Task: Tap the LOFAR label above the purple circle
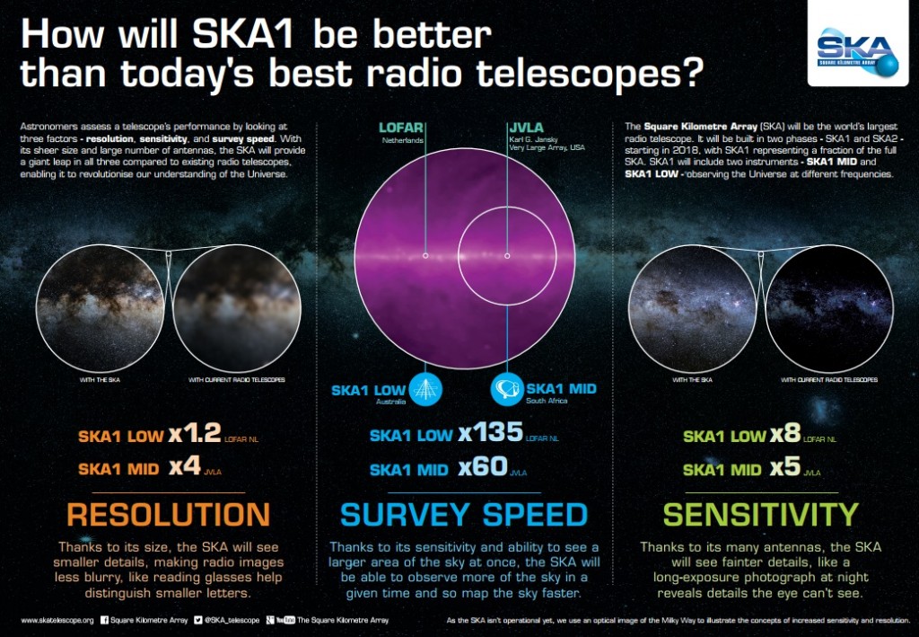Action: coord(400,127)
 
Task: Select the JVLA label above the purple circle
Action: coord(526,127)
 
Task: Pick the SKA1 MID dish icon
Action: coord(503,390)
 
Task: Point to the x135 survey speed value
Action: coord(490,433)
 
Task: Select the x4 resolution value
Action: coord(186,468)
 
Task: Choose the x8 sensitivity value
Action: coord(785,436)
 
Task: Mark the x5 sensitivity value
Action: coord(785,469)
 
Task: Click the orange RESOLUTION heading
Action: coord(168,515)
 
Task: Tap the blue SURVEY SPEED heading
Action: coord(463,515)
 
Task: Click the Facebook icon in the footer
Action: coord(105,620)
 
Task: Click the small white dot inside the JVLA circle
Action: coord(507,255)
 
